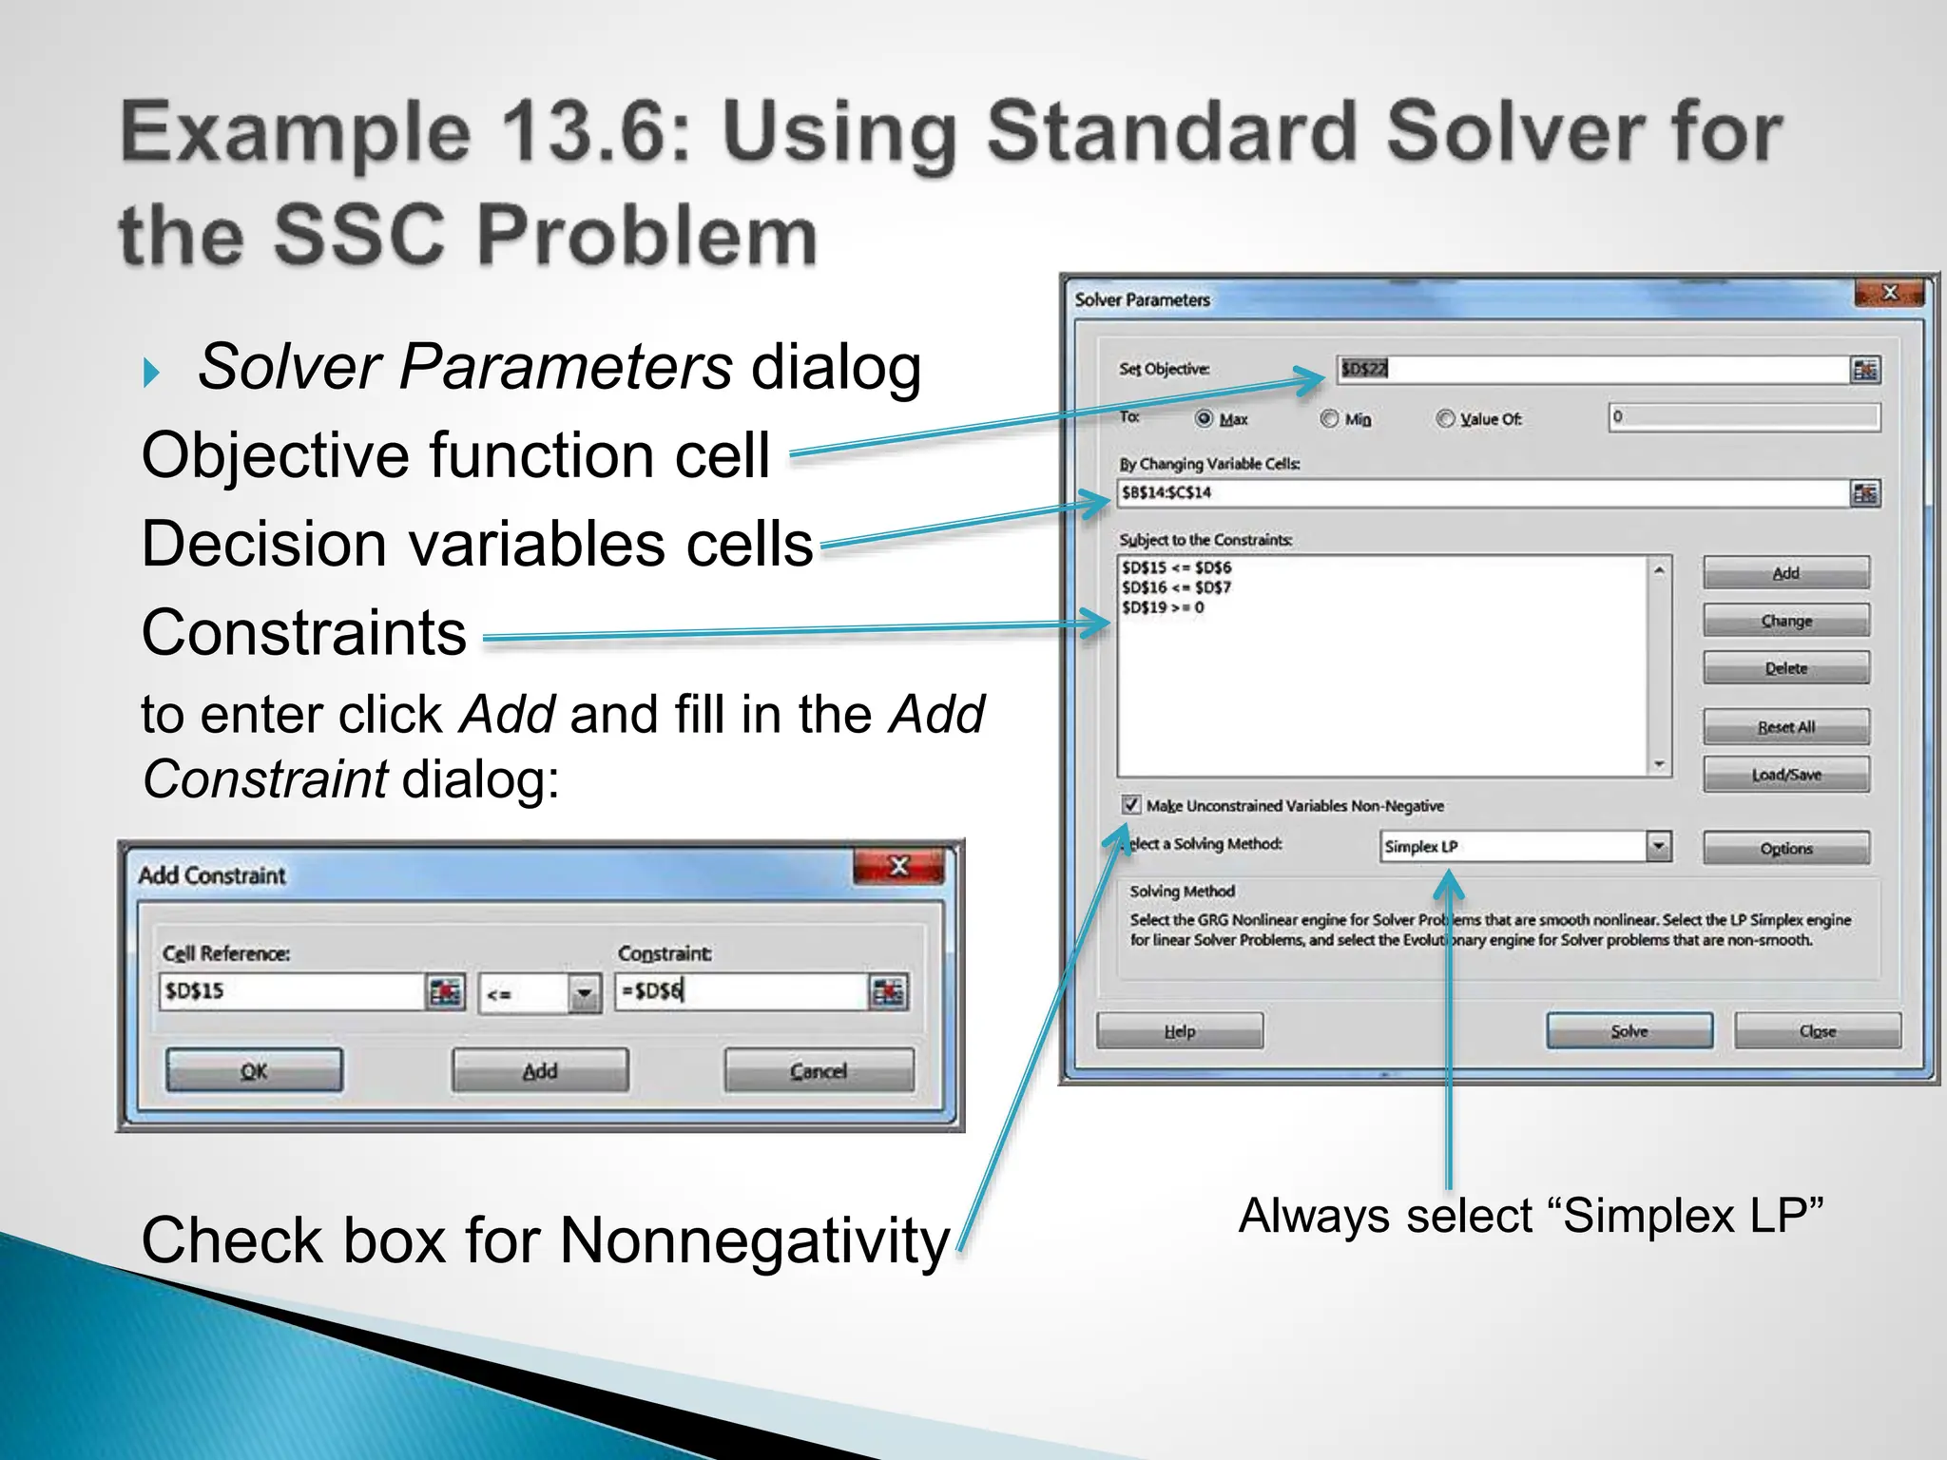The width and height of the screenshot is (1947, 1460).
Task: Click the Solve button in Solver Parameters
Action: coord(1629,1030)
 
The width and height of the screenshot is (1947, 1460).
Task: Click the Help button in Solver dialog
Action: coord(1180,1030)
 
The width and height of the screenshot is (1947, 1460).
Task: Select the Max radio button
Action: coord(1205,418)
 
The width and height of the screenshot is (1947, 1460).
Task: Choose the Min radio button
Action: coord(1330,418)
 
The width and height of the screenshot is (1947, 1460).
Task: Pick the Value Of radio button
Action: coord(1445,418)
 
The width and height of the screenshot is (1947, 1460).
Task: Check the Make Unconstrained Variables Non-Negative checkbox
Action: coord(1131,804)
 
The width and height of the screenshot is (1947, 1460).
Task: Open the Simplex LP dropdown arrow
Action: coord(1658,845)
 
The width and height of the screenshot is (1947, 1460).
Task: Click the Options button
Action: coord(1785,848)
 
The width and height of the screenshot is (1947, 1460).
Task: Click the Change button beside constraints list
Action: coord(1785,620)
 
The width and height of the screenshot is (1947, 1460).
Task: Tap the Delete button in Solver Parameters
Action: coord(1785,667)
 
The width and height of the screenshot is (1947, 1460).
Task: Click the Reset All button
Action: coord(1785,726)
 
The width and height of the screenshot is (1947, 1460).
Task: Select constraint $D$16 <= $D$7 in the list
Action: coord(1176,587)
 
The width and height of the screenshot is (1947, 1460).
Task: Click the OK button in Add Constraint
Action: coord(254,1071)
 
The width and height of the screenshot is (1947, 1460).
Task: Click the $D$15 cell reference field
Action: coord(290,990)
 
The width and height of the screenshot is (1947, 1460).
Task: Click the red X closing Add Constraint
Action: coord(898,866)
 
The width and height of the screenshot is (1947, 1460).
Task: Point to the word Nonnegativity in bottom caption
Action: coord(755,1239)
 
